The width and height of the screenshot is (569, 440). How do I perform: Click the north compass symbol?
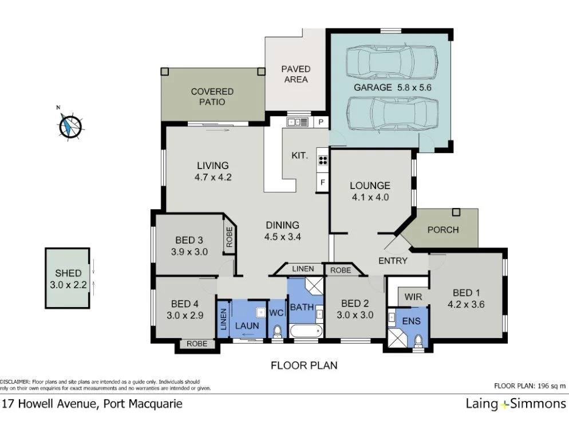point(70,125)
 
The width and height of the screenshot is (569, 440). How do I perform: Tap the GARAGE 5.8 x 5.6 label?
point(392,88)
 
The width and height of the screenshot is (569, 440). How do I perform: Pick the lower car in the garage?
point(393,113)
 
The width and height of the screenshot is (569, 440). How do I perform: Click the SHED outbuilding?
point(68,278)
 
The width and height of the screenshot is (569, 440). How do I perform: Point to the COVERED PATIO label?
point(212,96)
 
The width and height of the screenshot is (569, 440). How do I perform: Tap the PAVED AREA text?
point(295,74)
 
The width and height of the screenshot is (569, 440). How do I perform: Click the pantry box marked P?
point(321,122)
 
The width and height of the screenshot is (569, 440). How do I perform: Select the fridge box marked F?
point(323,183)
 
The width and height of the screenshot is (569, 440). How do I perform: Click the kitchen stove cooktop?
point(322,161)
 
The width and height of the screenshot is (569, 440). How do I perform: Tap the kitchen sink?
point(297,122)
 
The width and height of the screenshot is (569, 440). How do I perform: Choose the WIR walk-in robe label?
point(413,297)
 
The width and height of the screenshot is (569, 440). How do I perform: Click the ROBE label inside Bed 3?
point(229,237)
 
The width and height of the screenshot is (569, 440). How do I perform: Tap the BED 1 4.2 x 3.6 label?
point(466,299)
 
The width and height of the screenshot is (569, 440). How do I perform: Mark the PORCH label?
point(443,230)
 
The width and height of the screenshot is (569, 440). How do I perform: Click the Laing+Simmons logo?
point(516,404)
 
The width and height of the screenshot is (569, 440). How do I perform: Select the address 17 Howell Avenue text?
point(92,404)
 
